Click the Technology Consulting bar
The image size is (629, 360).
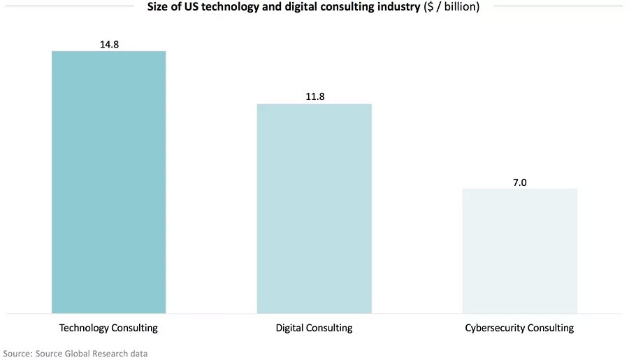[x=108, y=182]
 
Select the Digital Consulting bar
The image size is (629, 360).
[x=314, y=208]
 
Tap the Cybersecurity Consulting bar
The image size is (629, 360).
[x=519, y=250]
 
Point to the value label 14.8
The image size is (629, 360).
[x=108, y=44]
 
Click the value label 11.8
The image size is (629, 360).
[x=314, y=96]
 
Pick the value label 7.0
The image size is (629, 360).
[x=519, y=182]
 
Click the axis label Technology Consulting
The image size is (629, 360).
[x=108, y=327]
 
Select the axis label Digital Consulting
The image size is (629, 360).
[x=314, y=327]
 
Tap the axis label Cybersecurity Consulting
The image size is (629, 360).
[x=519, y=327]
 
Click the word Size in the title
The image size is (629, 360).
[x=159, y=8]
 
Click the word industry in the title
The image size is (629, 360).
[x=398, y=8]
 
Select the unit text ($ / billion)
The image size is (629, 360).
[x=451, y=8]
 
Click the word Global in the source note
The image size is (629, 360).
[x=79, y=353]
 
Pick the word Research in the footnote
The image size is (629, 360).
[x=114, y=353]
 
